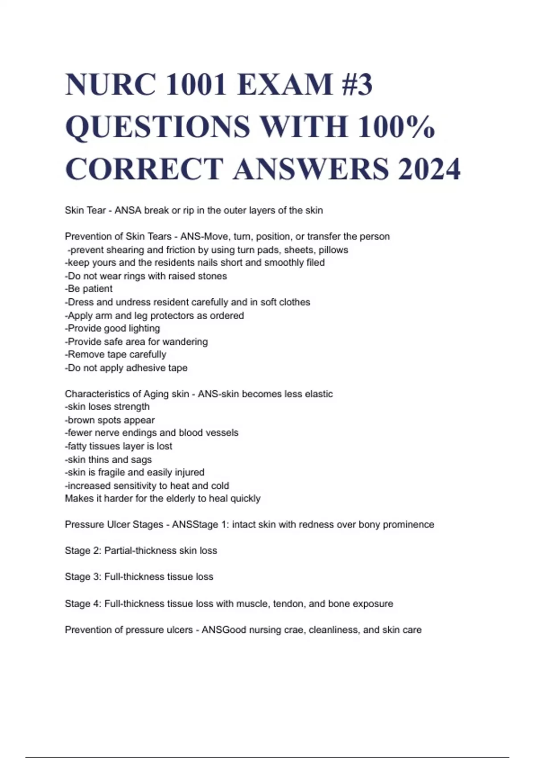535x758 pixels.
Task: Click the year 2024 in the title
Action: (429, 169)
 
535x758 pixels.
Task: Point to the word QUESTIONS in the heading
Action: (158, 127)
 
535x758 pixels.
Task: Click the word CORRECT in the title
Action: (144, 169)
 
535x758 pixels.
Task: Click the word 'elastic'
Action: (318, 394)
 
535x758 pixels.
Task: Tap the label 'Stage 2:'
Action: (83, 551)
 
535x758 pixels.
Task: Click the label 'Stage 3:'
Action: (83, 577)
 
